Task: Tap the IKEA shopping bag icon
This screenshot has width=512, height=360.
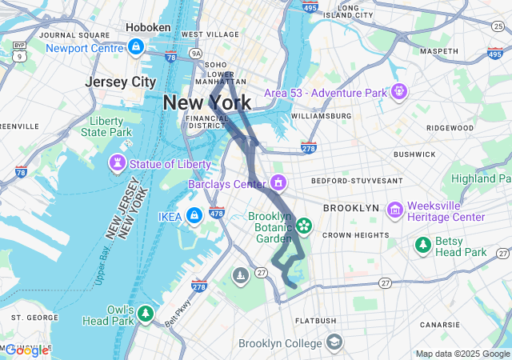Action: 194,216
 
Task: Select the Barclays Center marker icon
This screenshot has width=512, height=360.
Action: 278,184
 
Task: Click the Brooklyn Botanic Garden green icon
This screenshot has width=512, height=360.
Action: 304,227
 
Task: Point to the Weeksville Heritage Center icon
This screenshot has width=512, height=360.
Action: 394,210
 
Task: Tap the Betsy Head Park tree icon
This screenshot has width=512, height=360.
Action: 422,245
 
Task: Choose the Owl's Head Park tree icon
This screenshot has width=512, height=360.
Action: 145,313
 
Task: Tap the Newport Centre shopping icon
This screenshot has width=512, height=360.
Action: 136,47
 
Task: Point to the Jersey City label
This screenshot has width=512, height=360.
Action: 121,82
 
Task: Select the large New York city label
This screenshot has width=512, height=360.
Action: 206,102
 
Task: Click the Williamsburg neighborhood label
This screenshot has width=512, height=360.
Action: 321,116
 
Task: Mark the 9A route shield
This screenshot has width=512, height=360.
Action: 196,54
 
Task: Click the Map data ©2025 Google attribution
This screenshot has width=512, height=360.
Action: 462,354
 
